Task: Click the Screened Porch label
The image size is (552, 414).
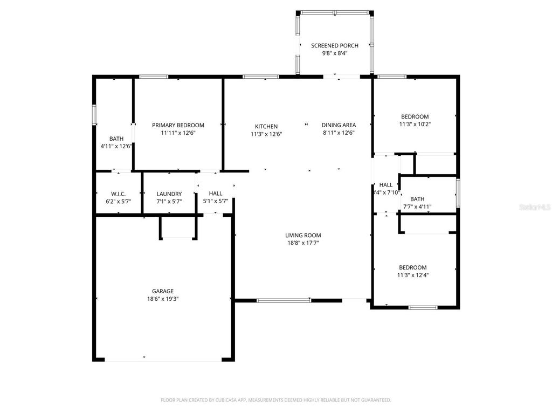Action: coord(334,46)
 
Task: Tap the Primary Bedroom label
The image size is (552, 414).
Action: coord(178,125)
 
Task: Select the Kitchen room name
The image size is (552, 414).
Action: coord(266,127)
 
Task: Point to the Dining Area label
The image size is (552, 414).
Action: coord(339,125)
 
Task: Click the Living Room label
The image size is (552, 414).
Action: coord(303,235)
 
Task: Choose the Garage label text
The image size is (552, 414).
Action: coord(162,291)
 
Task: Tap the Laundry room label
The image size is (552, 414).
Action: coord(169,194)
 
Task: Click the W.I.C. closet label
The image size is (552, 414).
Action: coord(118,194)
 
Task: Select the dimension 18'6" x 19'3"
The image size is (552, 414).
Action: coord(162,299)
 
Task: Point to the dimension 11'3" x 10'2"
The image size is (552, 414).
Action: coord(415,124)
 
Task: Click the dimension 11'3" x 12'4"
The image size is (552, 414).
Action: coord(413,275)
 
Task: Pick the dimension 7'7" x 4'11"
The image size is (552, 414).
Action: coord(417,206)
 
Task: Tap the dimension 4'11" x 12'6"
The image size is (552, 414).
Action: coord(116,146)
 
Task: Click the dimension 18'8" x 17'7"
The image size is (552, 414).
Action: coord(303,243)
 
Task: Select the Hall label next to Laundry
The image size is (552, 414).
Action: coord(216,194)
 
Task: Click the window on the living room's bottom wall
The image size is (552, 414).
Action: coord(284,300)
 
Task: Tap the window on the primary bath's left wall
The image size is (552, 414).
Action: coord(94,115)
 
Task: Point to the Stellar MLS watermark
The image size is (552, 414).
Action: coord(534,206)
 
